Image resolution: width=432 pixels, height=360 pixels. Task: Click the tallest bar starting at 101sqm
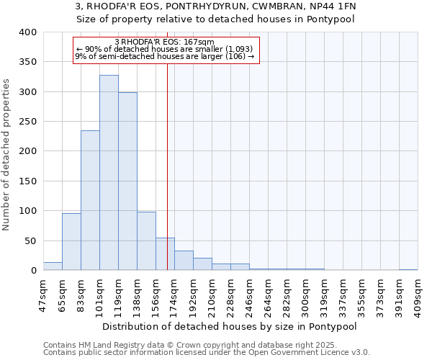[109, 173]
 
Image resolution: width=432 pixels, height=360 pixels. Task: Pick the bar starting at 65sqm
[71, 242]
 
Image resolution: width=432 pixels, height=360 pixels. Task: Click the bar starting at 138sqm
[146, 241]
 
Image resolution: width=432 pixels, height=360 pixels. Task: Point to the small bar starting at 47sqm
[53, 266]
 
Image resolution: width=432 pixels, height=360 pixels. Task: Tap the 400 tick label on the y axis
[27, 32]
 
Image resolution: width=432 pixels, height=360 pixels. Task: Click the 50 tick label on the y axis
[30, 240]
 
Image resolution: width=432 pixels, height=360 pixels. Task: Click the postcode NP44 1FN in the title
[331, 6]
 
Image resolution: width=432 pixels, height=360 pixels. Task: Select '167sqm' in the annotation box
[202, 42]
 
